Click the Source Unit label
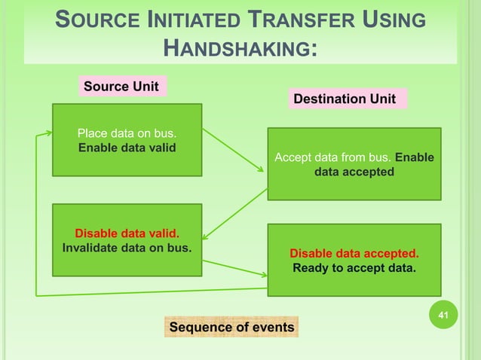pos(121,87)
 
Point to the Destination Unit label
pos(344,99)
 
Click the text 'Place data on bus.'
pos(127,134)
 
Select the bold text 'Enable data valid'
pos(127,148)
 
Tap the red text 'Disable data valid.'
pos(127,233)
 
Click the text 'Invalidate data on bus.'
pos(127,247)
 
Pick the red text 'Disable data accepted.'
pos(354,253)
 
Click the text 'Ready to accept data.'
pos(354,267)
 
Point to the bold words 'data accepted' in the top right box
pos(354,172)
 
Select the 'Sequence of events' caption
pos(231,327)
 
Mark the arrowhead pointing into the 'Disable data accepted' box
pos(263,273)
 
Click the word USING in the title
pos(395,20)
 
